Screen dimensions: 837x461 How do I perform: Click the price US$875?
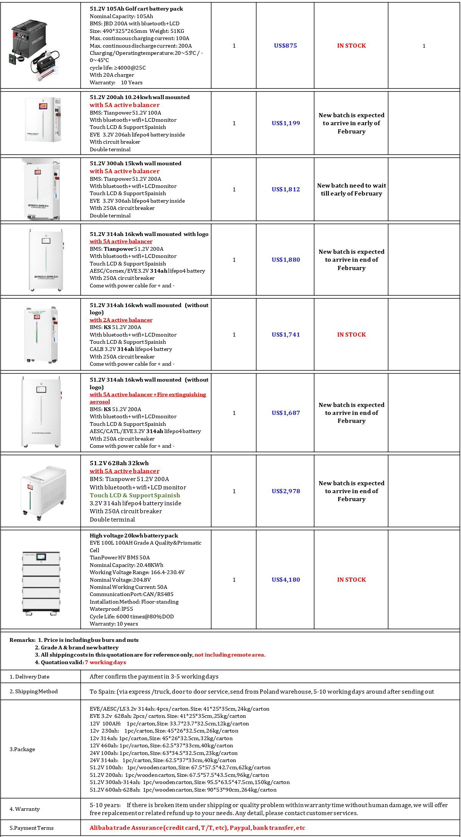point(285,46)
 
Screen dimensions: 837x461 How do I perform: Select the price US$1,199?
point(286,123)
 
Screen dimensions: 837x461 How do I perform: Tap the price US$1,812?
point(286,189)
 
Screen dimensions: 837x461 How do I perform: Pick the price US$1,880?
point(286,260)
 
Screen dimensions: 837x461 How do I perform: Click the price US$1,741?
point(286,335)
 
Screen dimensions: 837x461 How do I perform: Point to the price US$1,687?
point(286,413)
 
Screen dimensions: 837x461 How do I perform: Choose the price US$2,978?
point(286,491)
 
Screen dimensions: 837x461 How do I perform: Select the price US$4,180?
point(286,580)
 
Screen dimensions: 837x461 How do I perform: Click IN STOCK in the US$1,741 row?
point(351,335)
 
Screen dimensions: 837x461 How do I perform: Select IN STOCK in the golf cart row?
point(351,46)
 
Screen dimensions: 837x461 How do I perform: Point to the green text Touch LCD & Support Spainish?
point(135,495)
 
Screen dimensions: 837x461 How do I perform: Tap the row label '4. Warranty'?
point(25,809)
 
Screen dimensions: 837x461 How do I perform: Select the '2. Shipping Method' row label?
point(34,691)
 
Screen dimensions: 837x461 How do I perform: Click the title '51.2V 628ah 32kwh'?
point(119,463)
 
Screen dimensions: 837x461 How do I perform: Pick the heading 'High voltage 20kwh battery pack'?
point(134,536)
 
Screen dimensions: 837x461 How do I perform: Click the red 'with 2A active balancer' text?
point(121,320)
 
